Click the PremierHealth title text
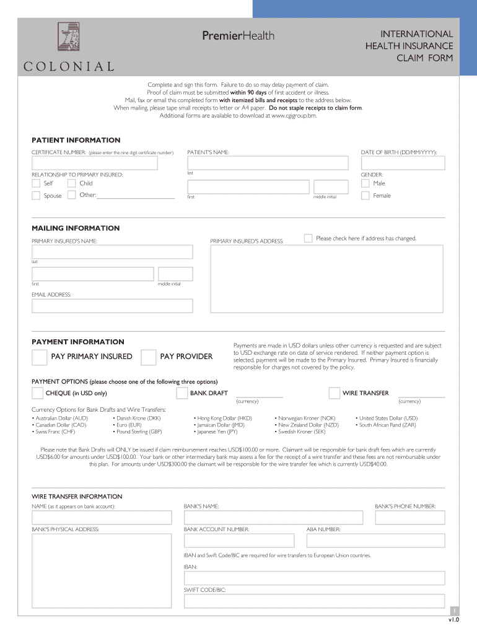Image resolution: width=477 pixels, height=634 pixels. pyautogui.click(x=238, y=36)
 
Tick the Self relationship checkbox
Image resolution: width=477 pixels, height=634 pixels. pyautogui.click(x=36, y=184)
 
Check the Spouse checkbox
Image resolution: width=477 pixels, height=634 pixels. pyautogui.click(x=36, y=196)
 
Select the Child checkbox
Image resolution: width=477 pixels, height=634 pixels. pyautogui.click(x=72, y=184)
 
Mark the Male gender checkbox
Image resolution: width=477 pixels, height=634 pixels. pyautogui.click(x=365, y=184)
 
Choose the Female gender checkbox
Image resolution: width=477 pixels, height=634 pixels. pyautogui.click(x=365, y=196)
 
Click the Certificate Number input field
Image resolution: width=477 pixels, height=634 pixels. pyautogui.click(x=95, y=163)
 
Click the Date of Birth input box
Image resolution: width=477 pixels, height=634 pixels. pyautogui.click(x=403, y=163)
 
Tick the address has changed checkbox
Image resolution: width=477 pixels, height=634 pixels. pyautogui.click(x=308, y=238)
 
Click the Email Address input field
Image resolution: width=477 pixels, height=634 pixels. pyautogui.click(x=112, y=306)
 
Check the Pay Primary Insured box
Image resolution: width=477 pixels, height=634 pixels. pyautogui.click(x=39, y=357)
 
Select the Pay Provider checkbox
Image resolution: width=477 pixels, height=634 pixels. pyautogui.click(x=148, y=357)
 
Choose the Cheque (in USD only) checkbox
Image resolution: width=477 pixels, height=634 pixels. pyautogui.click(x=37, y=393)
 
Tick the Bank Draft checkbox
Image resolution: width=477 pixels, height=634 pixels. pyautogui.click(x=182, y=393)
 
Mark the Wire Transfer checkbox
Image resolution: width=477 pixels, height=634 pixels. pyautogui.click(x=334, y=393)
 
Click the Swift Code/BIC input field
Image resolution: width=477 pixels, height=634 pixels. pyautogui.click(x=314, y=601)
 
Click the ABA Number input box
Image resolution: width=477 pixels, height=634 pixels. pyautogui.click(x=375, y=540)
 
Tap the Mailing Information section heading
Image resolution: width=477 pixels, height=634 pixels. pyautogui.click(x=76, y=228)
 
